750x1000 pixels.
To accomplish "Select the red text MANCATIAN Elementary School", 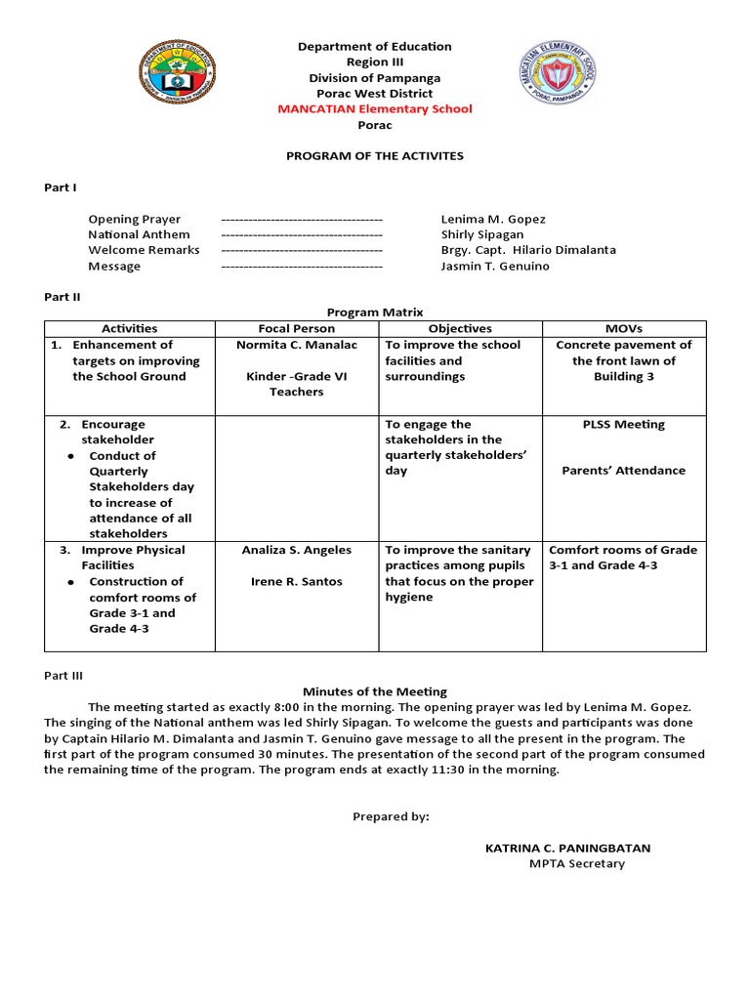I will coord(375,109).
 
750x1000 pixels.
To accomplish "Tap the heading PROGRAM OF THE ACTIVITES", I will coord(374,155).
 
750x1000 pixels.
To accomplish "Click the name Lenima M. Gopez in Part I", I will coord(493,219).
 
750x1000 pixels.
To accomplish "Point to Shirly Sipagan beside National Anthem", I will coord(482,234).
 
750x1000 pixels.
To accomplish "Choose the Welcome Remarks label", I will coord(144,250).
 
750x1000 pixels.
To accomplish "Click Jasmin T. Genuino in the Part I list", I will coord(495,266).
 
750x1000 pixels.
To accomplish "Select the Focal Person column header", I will coord(296,329).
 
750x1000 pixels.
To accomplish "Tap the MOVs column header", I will coord(623,329).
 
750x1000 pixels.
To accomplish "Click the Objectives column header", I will coord(460,329).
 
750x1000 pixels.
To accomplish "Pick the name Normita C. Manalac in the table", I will coord(297,345).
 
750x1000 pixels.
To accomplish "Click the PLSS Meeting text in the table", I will coord(623,425).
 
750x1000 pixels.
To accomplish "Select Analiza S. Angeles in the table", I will coord(297,550).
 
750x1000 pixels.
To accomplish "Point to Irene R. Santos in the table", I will coord(297,582).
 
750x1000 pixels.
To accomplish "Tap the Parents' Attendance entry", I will coord(623,471).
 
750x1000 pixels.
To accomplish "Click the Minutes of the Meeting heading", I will coord(375,691).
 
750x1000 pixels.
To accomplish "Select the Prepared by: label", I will coord(391,816).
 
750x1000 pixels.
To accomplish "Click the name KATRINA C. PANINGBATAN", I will coord(567,848).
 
